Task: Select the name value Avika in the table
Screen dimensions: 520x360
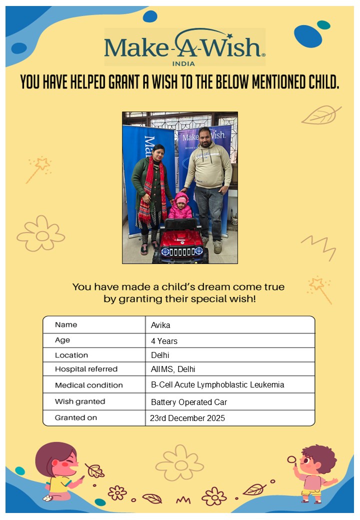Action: (160, 325)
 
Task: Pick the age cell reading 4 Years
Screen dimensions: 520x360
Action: (164, 341)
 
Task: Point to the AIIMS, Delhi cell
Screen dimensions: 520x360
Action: (172, 369)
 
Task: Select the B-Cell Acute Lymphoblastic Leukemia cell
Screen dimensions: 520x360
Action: (217, 385)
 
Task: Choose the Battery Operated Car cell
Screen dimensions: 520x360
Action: (189, 402)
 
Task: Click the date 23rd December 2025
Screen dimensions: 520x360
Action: (187, 418)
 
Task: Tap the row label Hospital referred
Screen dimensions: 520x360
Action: (86, 369)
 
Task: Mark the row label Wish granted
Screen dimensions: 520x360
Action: (80, 401)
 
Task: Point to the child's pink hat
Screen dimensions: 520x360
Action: (180, 198)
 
